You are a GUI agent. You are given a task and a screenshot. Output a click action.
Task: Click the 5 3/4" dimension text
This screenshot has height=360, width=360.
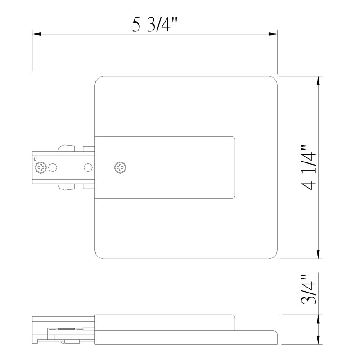point(155,25)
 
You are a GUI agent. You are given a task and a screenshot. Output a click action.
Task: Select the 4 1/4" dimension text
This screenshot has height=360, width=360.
point(309,167)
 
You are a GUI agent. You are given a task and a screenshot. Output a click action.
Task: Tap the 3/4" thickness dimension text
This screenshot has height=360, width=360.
point(309,289)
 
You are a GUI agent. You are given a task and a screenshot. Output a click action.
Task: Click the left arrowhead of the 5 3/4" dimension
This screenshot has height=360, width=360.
point(36,34)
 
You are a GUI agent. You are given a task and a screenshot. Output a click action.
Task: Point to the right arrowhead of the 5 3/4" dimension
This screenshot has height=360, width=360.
point(273,34)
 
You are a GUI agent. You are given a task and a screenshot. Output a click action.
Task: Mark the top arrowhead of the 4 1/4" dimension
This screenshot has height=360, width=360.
point(318,81)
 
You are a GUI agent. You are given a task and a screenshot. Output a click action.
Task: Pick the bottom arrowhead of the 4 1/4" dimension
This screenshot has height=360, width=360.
point(318,254)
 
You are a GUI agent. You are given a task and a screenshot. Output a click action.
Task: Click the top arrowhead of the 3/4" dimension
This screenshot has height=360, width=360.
point(318,319)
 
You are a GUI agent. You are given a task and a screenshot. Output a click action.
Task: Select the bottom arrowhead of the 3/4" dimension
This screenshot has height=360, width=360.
point(318,340)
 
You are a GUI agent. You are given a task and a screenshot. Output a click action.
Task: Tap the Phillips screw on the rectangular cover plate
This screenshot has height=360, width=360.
point(120,167)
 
